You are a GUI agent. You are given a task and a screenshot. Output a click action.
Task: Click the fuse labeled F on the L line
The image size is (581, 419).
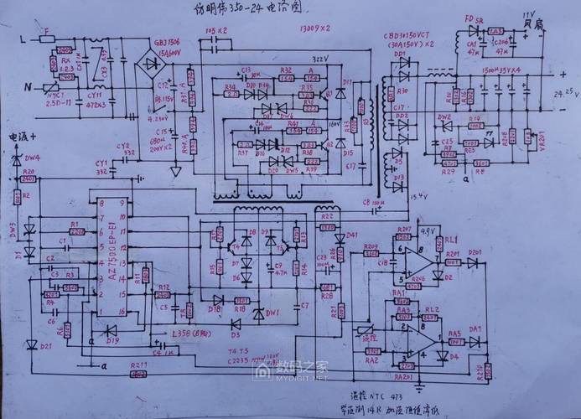click(x=47, y=38)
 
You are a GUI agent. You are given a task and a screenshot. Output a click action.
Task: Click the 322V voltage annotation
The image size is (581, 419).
click(x=296, y=59)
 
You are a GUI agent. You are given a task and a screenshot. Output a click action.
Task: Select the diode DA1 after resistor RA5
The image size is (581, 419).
click(x=475, y=340)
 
